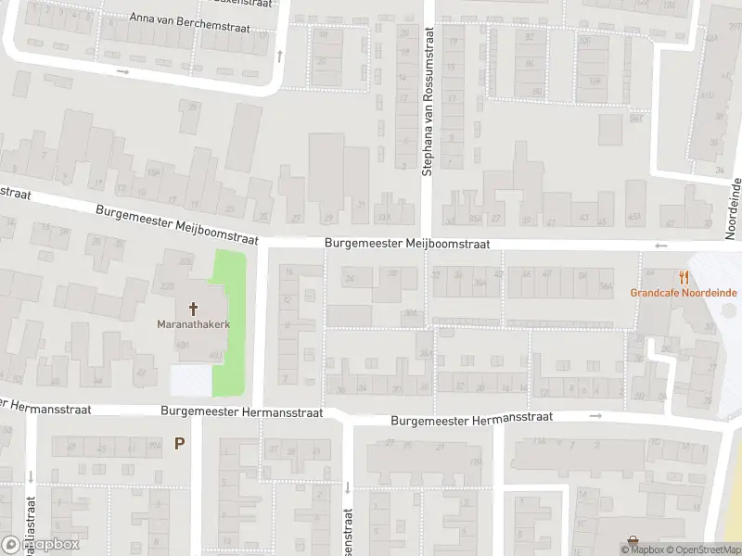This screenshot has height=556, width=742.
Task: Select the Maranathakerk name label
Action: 193,325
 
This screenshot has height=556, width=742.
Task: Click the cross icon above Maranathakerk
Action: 194,309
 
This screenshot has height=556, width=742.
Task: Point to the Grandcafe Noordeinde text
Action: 684,293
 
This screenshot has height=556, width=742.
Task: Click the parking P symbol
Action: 179,443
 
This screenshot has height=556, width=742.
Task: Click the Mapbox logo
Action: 42,544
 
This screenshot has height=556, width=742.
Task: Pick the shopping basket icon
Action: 633,541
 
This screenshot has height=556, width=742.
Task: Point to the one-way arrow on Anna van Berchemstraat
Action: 122,70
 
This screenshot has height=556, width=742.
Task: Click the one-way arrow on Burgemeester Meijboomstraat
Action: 660,246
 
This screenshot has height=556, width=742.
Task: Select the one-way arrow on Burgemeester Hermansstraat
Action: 595,416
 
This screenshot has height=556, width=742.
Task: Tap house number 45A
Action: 635,220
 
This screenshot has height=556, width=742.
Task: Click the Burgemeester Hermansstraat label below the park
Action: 241,411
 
